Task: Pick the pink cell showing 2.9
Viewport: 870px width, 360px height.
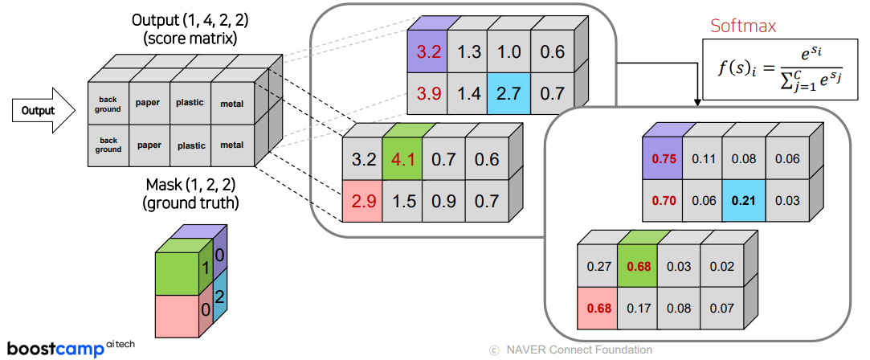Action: coord(363,202)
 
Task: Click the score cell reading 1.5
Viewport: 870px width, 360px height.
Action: coord(403,202)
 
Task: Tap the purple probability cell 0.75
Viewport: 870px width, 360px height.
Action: coord(664,159)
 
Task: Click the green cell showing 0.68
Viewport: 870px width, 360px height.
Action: coord(639,266)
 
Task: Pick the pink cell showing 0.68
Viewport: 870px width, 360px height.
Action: coord(598,307)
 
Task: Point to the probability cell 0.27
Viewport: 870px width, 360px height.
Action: coord(598,266)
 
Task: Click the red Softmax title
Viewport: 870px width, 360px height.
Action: coord(743,27)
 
